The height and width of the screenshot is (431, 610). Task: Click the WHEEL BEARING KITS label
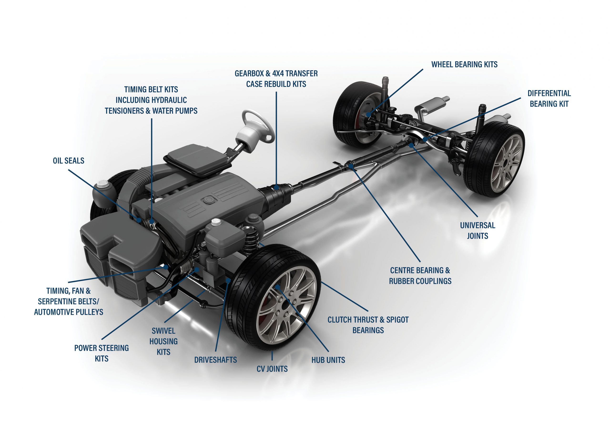point(464,65)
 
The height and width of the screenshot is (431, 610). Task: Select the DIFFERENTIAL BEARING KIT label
point(549,99)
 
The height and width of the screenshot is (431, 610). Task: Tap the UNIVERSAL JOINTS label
point(478,231)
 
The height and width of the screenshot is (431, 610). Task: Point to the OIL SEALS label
point(69,161)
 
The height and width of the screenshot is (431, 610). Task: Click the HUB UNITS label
point(328,360)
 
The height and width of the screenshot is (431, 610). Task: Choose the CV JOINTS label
point(272,369)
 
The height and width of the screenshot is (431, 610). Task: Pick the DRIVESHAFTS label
point(215,360)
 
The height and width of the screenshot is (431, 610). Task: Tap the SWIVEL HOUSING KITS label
point(163,341)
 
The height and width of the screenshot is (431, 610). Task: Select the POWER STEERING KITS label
point(102,353)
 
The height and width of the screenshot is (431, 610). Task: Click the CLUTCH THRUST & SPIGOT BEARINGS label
point(368,325)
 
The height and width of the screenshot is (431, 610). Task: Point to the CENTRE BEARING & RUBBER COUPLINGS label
point(420,276)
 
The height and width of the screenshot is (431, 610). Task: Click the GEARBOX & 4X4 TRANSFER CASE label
point(276,79)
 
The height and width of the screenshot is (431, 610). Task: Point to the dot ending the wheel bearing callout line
point(368,115)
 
